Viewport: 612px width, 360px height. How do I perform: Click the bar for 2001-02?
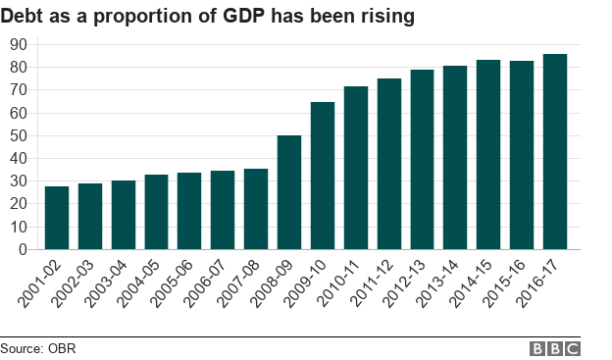click(x=57, y=218)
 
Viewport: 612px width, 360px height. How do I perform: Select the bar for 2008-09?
click(x=289, y=192)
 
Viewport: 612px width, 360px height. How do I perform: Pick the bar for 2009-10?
click(x=323, y=176)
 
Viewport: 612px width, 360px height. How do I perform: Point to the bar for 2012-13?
click(x=423, y=160)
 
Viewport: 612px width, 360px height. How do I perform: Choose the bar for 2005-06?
click(x=189, y=211)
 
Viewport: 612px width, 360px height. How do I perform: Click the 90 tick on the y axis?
click(x=19, y=44)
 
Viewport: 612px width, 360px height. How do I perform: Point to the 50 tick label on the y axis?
click(x=19, y=135)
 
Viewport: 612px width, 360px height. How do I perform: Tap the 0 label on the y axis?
click(x=23, y=250)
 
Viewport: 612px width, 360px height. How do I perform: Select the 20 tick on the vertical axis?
click(x=19, y=204)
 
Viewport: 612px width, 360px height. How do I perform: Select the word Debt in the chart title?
click(x=25, y=15)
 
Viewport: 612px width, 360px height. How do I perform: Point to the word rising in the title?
click(x=386, y=15)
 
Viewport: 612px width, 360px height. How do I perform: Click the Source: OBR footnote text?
click(x=38, y=348)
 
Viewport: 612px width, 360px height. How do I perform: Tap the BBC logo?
click(x=555, y=348)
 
